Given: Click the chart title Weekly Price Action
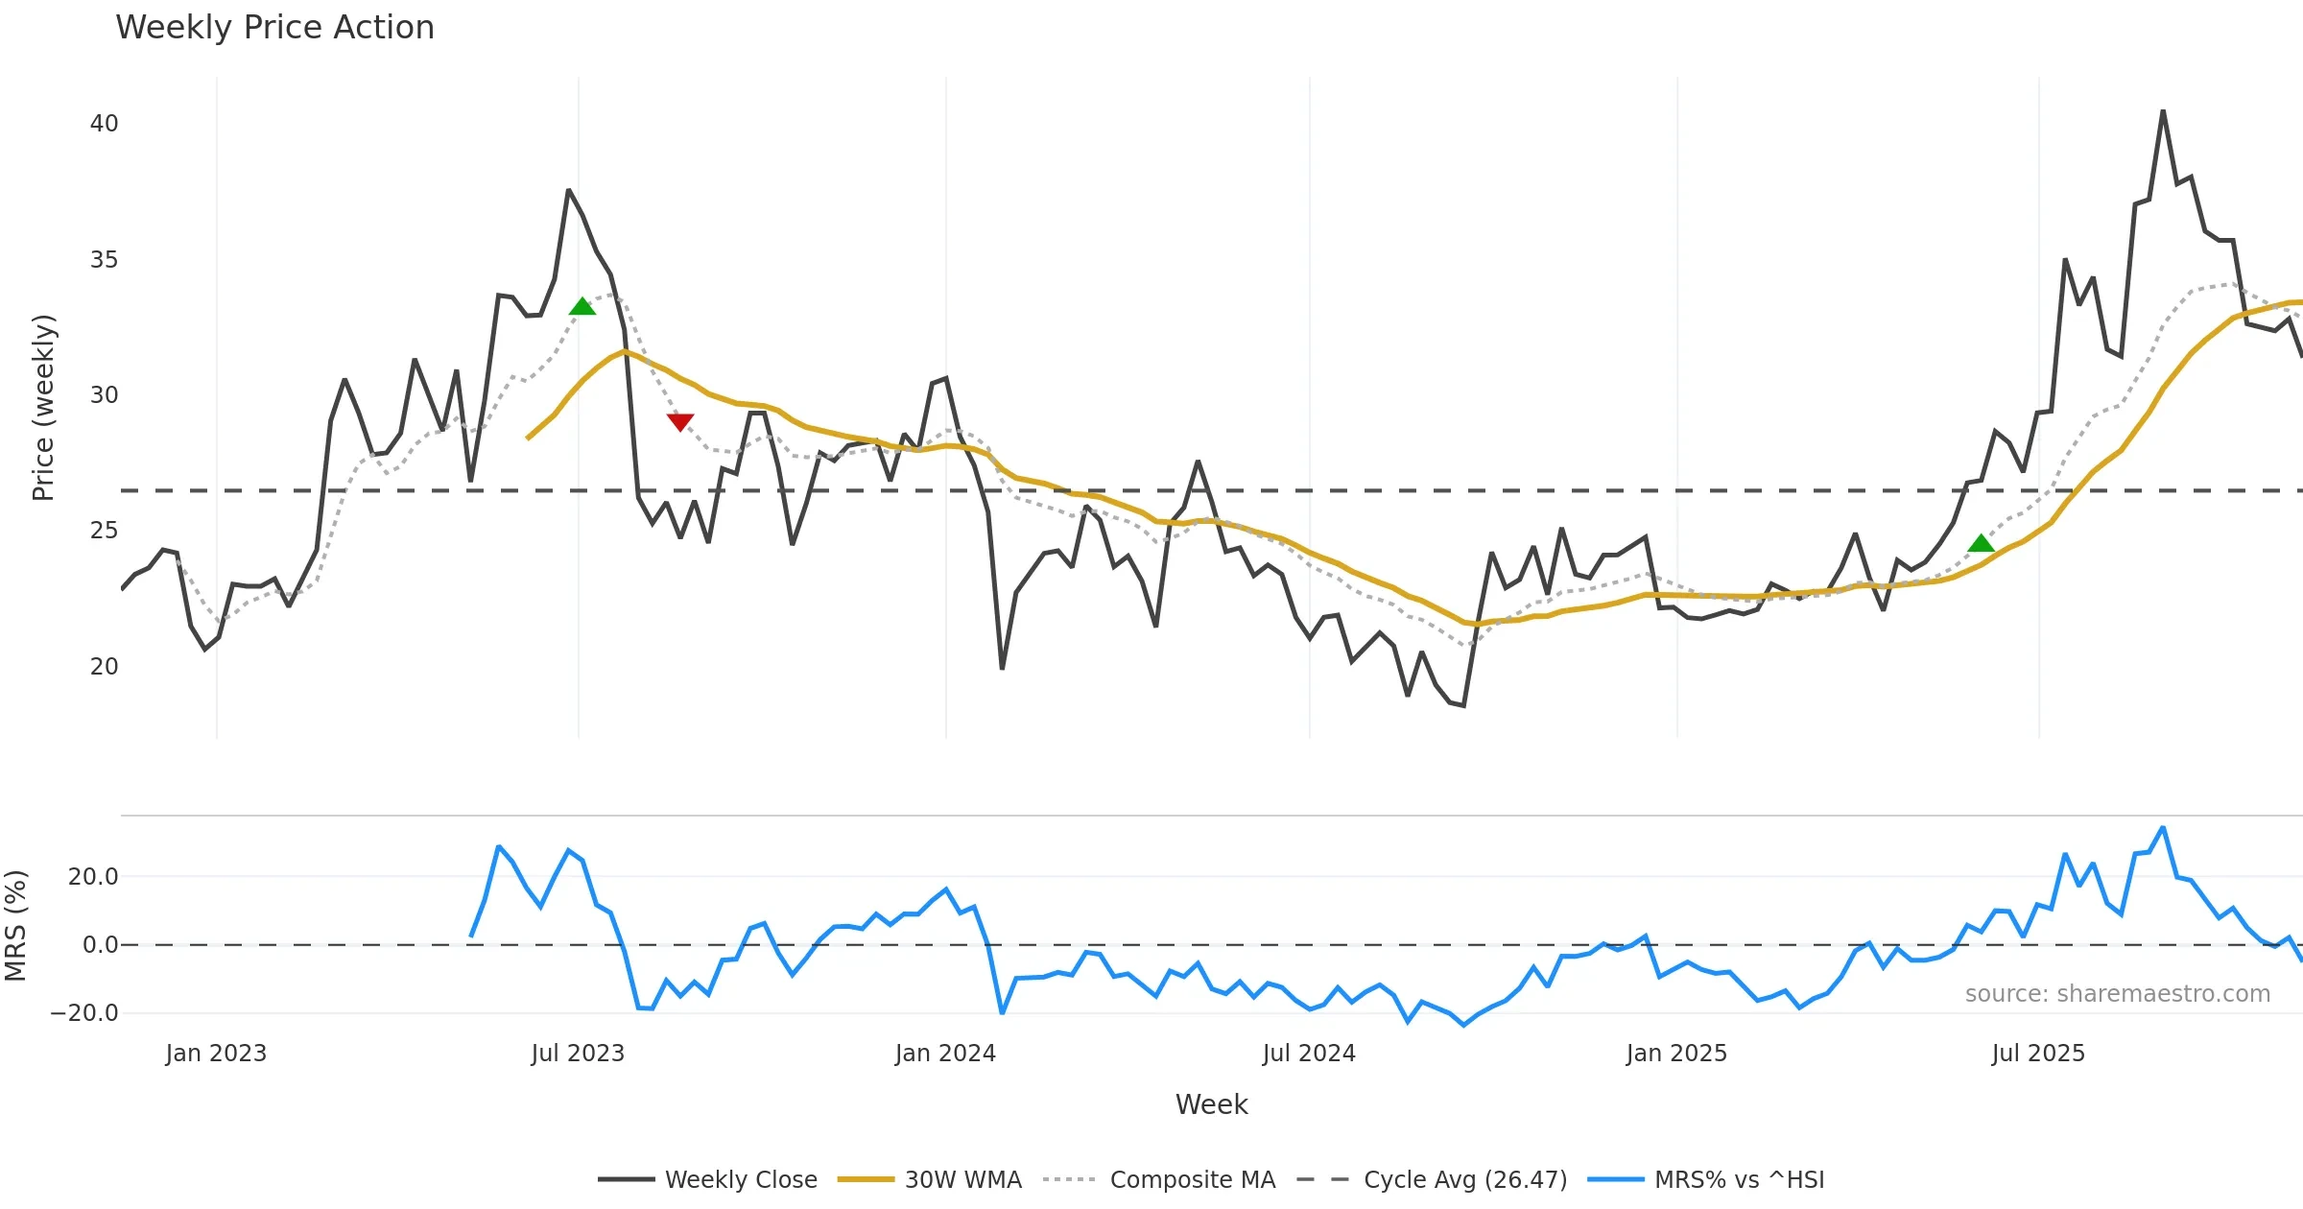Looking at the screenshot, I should coord(274,28).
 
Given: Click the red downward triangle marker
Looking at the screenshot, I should coord(680,421).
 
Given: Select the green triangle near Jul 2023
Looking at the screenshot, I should coord(582,307).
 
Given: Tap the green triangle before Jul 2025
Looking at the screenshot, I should coord(1981,544).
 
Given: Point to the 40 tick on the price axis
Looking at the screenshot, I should coord(104,124).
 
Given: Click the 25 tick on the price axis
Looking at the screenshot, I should coord(104,531).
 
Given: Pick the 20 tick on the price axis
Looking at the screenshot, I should coord(104,667).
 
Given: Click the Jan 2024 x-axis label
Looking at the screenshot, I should coord(945,1054).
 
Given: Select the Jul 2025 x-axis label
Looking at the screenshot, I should coord(2038,1054).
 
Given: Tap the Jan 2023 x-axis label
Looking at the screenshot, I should coord(216,1054).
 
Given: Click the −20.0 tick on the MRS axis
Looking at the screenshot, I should coord(84,1013).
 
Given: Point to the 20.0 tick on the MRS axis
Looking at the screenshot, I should coord(93,877).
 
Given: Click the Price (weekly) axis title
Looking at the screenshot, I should coord(44,408).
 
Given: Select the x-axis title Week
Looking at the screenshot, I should coord(1211,1105).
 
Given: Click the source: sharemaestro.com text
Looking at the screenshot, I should coord(2117,994).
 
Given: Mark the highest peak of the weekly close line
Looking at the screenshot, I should coord(2163,111).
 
